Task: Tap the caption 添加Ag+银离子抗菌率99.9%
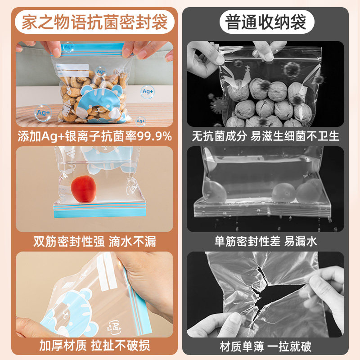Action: coord(94,136)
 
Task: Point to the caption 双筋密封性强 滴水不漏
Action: coord(94,242)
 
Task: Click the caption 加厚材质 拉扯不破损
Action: coord(94,346)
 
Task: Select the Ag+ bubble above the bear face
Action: coord(101,71)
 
